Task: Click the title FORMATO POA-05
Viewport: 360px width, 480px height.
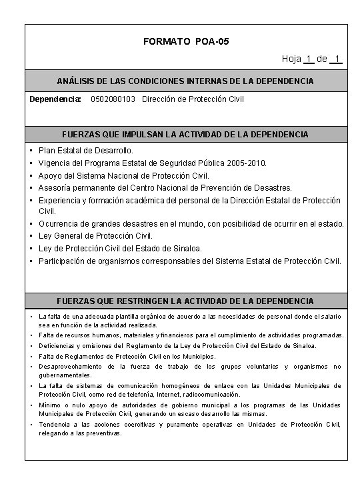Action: pos(186,42)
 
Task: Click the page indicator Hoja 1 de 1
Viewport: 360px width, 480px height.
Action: pos(311,59)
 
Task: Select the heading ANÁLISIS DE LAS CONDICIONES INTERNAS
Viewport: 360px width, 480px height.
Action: pos(185,80)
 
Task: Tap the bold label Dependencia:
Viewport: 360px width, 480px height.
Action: pos(55,99)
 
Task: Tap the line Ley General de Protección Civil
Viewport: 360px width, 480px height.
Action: pos(95,235)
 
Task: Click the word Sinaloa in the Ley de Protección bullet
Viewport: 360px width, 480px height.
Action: pos(184,248)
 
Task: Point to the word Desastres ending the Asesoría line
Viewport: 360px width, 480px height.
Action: pos(272,187)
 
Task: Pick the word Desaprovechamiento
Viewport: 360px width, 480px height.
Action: pos(68,366)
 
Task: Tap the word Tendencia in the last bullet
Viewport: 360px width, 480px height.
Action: pos(53,424)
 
